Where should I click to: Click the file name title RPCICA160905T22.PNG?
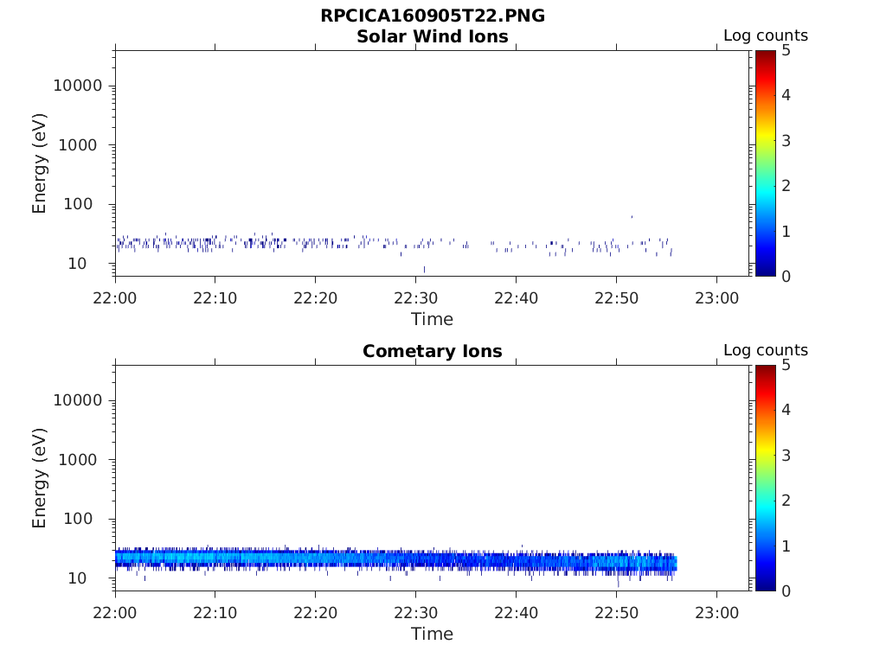(433, 16)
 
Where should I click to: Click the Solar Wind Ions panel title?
(433, 36)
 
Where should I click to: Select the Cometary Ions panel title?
(433, 351)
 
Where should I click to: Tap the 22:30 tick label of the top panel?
(416, 298)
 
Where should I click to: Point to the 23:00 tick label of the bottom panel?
(716, 613)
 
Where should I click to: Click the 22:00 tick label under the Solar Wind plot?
(115, 298)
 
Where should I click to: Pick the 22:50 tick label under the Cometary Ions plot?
(616, 613)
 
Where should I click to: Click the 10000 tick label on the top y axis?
(77, 86)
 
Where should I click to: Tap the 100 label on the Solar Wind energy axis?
(78, 204)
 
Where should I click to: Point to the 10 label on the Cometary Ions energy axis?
(77, 578)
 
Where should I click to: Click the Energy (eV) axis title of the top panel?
(39, 163)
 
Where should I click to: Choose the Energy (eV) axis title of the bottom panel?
(39, 478)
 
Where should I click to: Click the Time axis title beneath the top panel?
(433, 320)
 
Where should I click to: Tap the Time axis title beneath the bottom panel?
(433, 634)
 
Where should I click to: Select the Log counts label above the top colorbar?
(766, 35)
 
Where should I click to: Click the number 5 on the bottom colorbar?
(786, 366)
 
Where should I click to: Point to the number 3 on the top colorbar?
(786, 141)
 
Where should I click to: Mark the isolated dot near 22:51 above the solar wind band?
(632, 216)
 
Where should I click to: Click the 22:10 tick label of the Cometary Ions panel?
(215, 613)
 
